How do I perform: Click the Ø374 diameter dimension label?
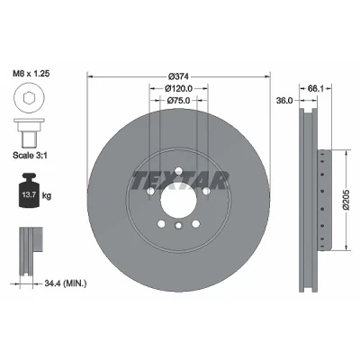tap(178, 76)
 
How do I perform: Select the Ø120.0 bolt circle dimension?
tap(178, 88)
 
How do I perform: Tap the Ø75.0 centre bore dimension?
tap(178, 101)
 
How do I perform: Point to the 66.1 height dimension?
tap(315, 88)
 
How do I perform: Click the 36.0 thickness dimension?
tap(284, 101)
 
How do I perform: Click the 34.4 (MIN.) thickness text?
tap(66, 283)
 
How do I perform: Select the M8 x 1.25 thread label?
tap(31, 74)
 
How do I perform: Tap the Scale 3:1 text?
tap(30, 156)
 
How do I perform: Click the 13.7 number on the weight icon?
tap(29, 194)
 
